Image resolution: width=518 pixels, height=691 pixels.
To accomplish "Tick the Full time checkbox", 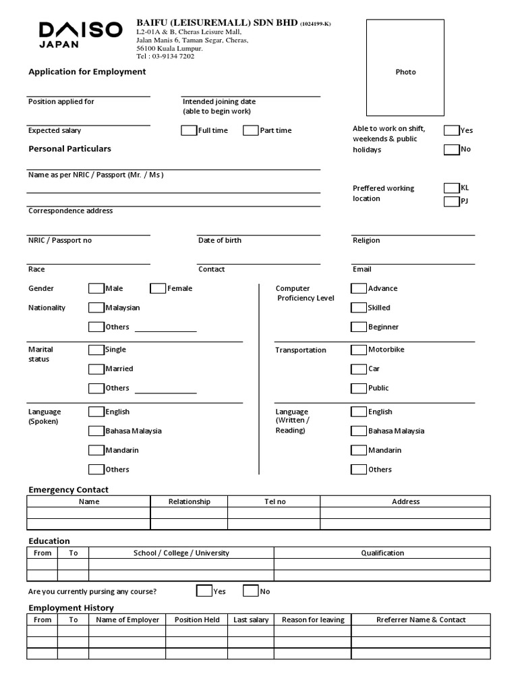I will click(189, 130).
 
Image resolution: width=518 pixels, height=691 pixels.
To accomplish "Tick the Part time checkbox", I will click(250, 130).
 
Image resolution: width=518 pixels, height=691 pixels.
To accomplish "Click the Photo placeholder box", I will click(405, 67).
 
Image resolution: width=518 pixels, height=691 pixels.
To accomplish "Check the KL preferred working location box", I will click(451, 188).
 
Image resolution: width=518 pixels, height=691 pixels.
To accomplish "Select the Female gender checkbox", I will click(158, 288).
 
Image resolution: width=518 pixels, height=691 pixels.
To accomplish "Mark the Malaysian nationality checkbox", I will click(96, 308).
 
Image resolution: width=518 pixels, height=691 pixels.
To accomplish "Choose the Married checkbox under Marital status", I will click(96, 369).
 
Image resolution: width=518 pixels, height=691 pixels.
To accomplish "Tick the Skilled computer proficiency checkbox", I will click(359, 308).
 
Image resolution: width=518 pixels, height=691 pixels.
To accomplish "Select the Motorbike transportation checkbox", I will click(359, 350).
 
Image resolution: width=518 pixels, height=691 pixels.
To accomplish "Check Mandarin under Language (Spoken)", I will click(96, 450).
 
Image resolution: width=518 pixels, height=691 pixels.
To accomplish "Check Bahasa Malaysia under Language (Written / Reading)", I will click(359, 431).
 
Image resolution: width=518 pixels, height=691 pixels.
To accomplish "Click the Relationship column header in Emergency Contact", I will click(189, 501).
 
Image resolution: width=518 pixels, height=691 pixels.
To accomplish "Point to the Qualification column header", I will click(382, 553).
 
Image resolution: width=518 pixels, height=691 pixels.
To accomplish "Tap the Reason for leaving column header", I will click(313, 619).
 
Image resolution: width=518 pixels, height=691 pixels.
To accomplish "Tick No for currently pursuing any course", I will click(250, 591).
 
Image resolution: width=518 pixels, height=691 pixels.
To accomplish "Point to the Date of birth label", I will click(219, 240).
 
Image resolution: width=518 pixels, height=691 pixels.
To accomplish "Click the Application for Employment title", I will click(87, 72).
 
